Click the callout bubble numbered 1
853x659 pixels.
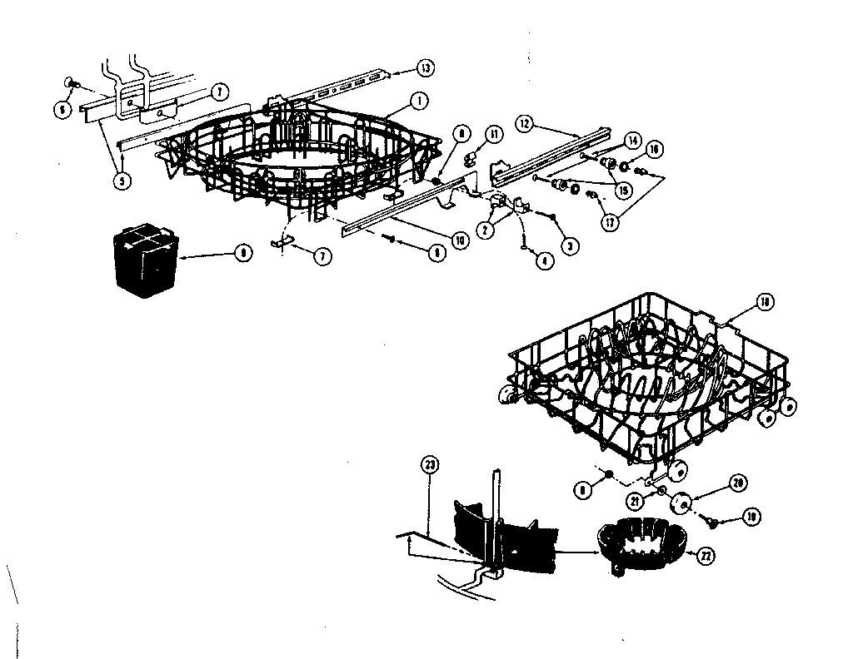[418, 102]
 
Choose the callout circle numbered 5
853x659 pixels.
[122, 181]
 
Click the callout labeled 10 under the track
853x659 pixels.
[457, 240]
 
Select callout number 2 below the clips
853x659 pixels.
[482, 231]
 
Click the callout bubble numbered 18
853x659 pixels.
[765, 303]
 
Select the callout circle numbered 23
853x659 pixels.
[431, 464]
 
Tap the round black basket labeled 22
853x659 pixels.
[639, 547]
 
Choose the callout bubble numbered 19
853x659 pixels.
[752, 517]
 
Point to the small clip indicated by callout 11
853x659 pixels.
[471, 155]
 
